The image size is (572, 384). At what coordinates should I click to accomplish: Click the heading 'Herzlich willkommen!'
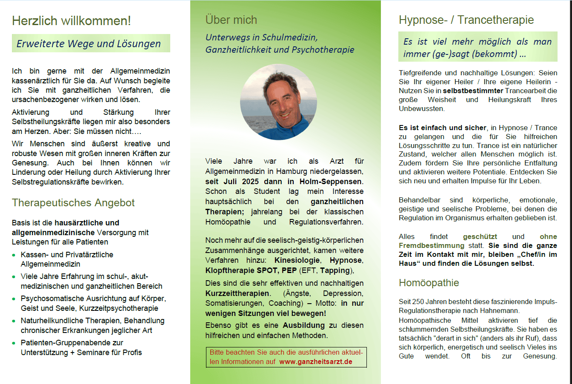click(71, 20)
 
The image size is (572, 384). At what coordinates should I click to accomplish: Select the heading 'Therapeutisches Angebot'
click(73, 203)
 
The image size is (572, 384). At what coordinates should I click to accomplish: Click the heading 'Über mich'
click(231, 20)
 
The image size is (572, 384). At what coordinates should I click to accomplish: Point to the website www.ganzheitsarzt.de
click(316, 362)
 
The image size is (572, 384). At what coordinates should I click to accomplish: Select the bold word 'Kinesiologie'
click(297, 260)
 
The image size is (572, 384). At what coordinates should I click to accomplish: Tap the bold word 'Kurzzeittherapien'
click(237, 293)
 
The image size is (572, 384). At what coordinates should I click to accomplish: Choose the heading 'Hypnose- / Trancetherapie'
click(466, 20)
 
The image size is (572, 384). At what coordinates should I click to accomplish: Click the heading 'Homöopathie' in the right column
click(429, 283)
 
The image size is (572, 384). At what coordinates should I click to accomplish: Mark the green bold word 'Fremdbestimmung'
click(431, 245)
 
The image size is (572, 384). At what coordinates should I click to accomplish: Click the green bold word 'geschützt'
click(480, 236)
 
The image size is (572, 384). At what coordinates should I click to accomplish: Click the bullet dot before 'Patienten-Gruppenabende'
click(14, 343)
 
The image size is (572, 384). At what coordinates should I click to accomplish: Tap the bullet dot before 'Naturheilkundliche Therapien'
click(14, 321)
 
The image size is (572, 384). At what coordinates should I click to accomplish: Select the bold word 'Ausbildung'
click(303, 325)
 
